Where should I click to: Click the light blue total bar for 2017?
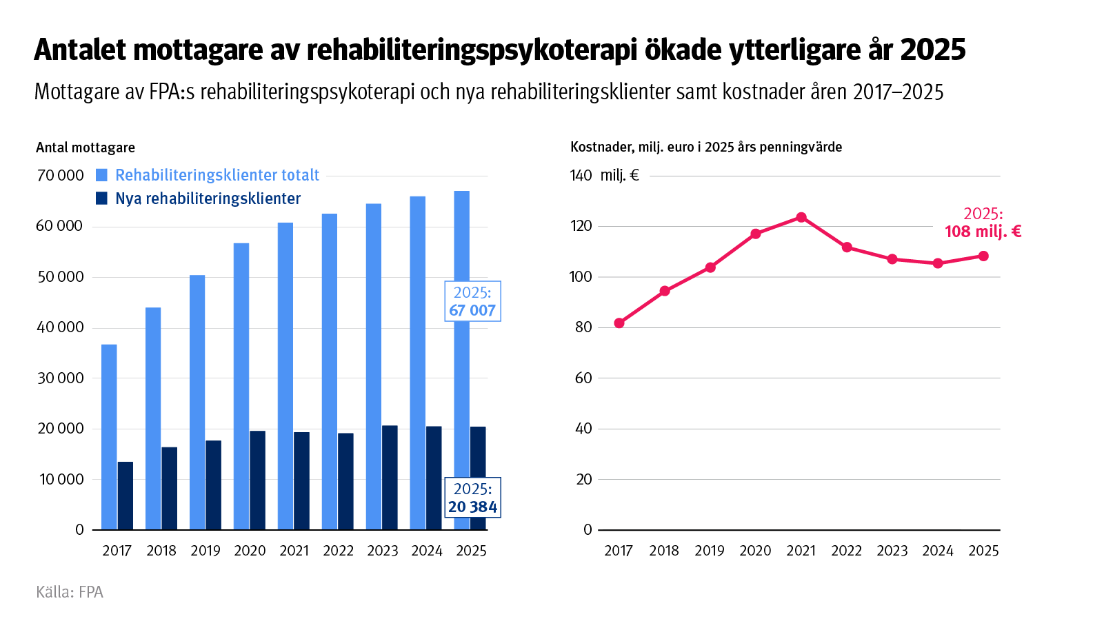click(109, 437)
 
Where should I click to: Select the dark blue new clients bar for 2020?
click(257, 480)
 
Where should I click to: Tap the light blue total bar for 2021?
click(285, 376)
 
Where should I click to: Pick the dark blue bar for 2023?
click(390, 478)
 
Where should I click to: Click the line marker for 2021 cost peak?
click(801, 218)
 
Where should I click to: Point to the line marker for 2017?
click(619, 323)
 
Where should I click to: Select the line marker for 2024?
click(938, 263)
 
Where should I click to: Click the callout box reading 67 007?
click(472, 301)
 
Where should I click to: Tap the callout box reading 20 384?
click(472, 498)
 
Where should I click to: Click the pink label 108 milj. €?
click(983, 232)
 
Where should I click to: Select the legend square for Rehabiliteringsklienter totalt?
click(102, 175)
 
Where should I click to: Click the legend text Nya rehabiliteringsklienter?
click(208, 198)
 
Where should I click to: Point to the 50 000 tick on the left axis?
click(60, 277)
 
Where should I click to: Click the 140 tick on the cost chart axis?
click(581, 176)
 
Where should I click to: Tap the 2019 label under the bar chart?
click(205, 551)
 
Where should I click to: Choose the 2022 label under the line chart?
click(846, 551)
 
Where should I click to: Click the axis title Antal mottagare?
click(86, 147)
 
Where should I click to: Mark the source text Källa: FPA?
click(70, 592)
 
